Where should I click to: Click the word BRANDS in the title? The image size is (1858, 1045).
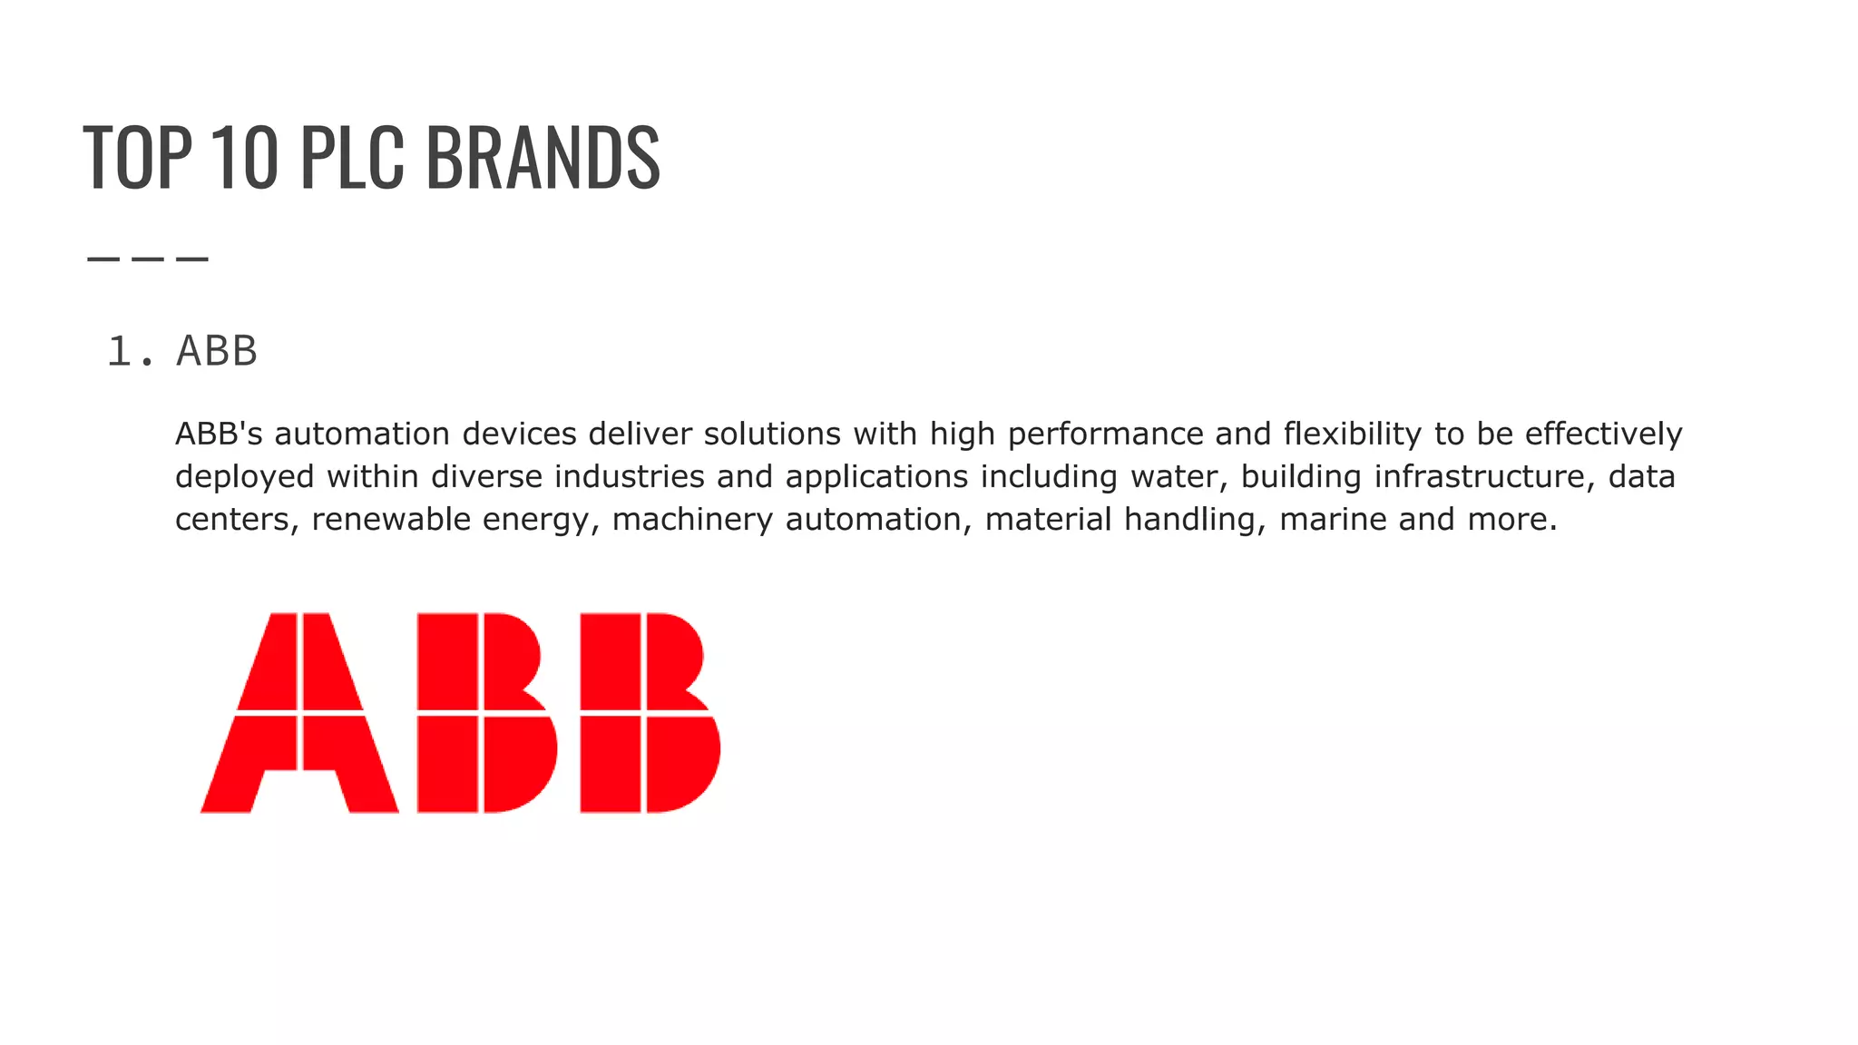[x=543, y=158]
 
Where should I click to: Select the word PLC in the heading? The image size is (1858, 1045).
[x=351, y=158]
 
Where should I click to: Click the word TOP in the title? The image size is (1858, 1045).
[x=137, y=158]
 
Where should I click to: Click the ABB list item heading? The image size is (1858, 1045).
[x=217, y=351]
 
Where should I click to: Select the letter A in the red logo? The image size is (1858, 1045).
[x=299, y=713]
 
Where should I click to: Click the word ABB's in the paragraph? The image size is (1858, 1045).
[x=219, y=435]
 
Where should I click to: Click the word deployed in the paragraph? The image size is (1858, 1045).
[x=245, y=477]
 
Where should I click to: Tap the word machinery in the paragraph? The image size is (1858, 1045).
[x=692, y=520]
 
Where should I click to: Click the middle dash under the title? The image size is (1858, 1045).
[x=148, y=259]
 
